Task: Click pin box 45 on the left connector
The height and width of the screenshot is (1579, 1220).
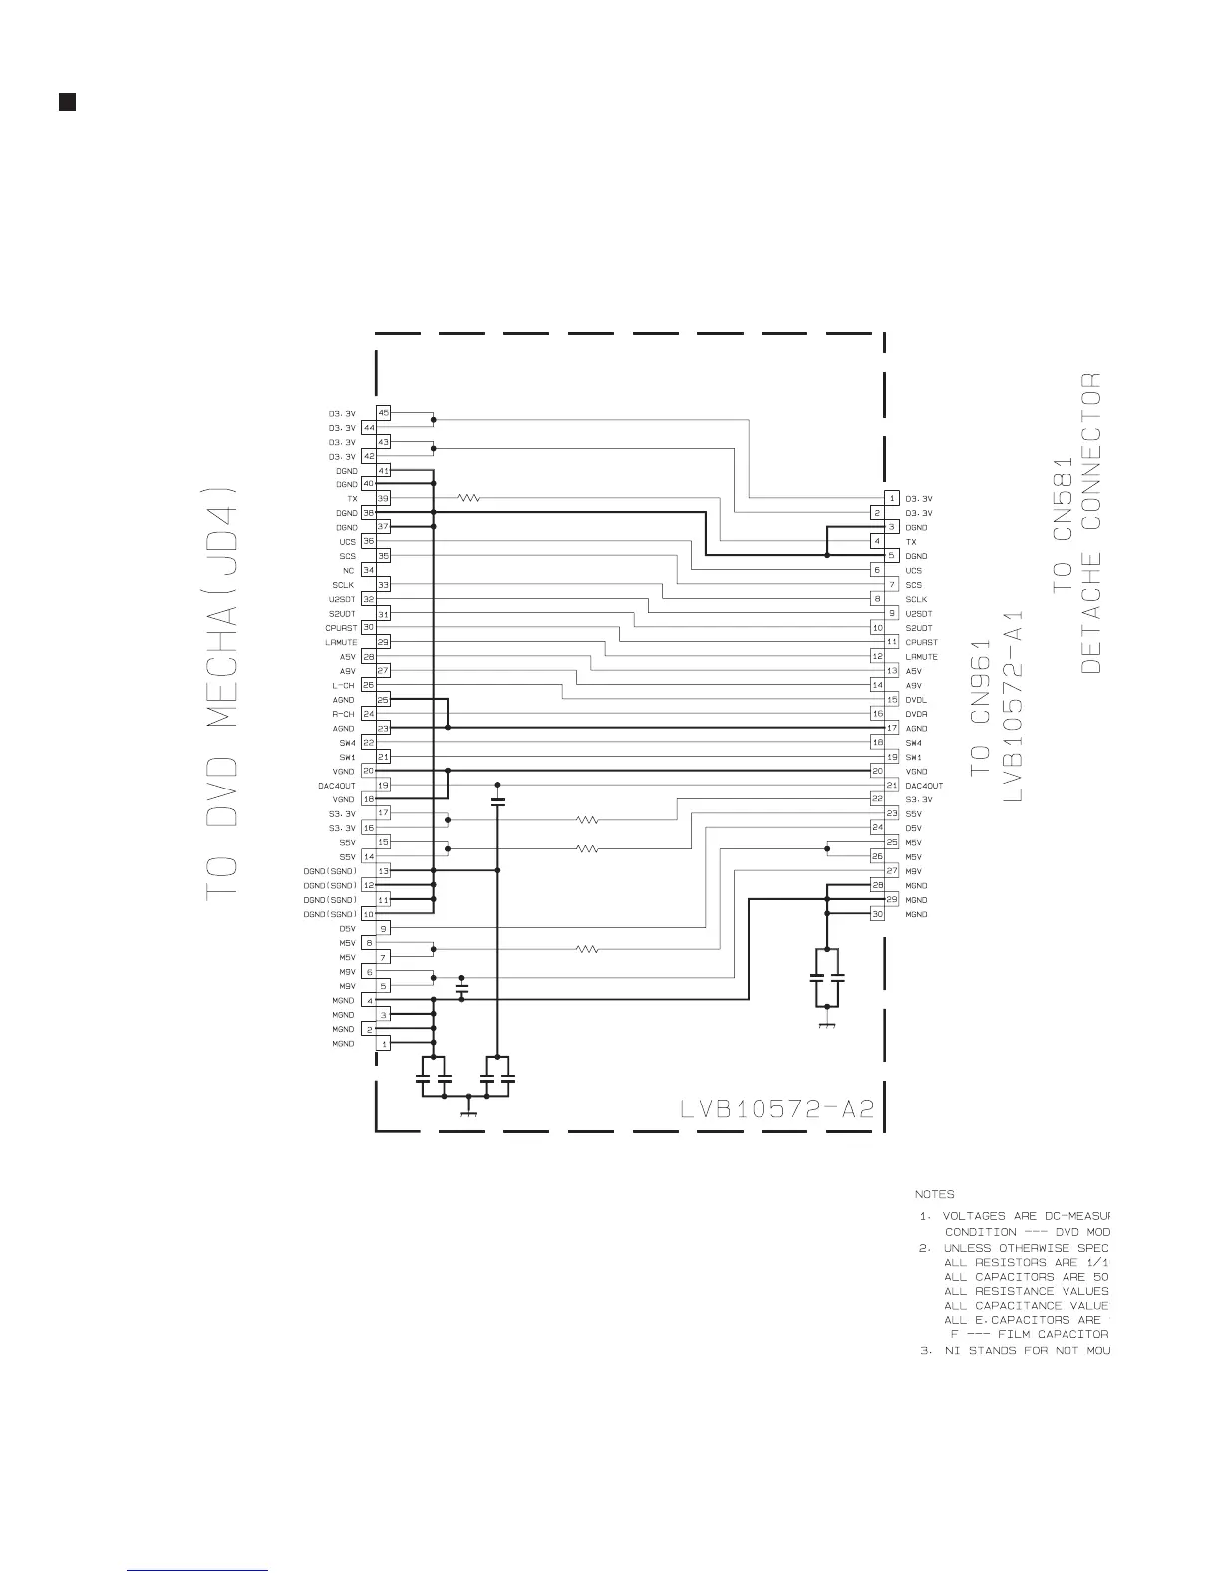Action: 383,413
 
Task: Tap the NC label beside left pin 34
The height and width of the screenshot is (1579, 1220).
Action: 348,571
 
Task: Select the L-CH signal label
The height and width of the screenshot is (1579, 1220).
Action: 343,686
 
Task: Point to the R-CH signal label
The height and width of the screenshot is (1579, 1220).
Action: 343,715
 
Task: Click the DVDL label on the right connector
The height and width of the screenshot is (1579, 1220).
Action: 916,700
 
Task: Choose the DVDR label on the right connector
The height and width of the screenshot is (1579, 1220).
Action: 916,715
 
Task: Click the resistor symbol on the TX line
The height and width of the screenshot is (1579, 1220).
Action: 469,498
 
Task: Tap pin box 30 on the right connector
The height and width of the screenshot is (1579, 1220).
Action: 877,914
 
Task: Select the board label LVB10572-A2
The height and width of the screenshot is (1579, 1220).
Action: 777,1109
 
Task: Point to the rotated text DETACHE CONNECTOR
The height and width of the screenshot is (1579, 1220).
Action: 1091,521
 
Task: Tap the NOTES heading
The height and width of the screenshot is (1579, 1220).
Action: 934,1194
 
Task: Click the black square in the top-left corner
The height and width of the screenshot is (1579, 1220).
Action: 67,102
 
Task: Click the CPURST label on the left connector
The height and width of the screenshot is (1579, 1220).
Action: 341,628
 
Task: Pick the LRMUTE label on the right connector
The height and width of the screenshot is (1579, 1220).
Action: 921,657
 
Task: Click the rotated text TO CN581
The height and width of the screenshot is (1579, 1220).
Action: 1063,522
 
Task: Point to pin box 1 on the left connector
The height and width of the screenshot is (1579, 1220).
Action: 383,1043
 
